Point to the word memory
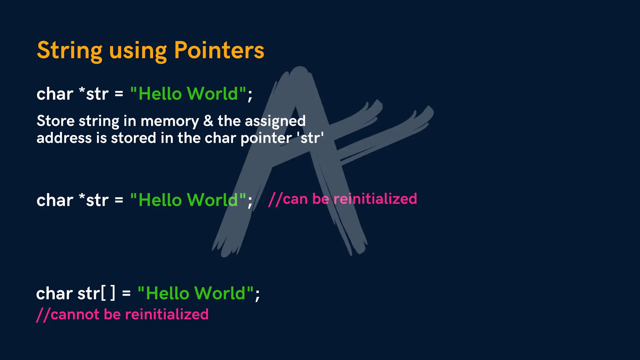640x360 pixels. click(170, 121)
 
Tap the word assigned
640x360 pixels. click(275, 121)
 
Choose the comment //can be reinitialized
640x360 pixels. click(342, 199)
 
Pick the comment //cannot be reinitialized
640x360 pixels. click(122, 314)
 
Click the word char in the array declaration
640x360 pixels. click(54, 293)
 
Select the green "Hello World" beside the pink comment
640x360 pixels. click(188, 200)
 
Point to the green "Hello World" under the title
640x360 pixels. click(188, 93)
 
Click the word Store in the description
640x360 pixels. click(55, 121)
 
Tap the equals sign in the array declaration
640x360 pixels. click(126, 294)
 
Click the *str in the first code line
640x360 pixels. click(94, 93)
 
